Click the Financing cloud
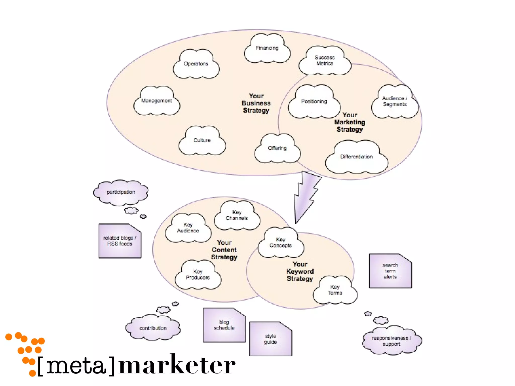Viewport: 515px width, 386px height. point(267,48)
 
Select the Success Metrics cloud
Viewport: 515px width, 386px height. point(325,61)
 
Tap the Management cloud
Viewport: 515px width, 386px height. point(156,101)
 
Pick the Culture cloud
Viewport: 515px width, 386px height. point(202,140)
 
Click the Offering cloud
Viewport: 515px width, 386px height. point(277,148)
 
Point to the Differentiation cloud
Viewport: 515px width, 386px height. point(356,157)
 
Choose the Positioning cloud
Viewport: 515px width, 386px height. point(314,102)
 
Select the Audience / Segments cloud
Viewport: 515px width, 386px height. point(395,102)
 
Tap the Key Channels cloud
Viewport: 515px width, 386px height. point(237,215)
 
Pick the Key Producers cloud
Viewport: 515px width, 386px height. point(198,275)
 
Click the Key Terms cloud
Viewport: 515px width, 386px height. point(335,290)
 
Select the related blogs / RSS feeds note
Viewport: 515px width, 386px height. point(120,241)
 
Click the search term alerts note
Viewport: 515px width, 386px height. point(390,271)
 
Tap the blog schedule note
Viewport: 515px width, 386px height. point(224,325)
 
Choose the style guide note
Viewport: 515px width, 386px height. point(271,339)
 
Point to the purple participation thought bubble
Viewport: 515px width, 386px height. point(121,192)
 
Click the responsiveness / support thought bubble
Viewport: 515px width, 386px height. point(392,341)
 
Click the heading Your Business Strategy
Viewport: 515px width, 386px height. point(256,103)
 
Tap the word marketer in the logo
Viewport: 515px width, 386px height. point(177,365)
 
